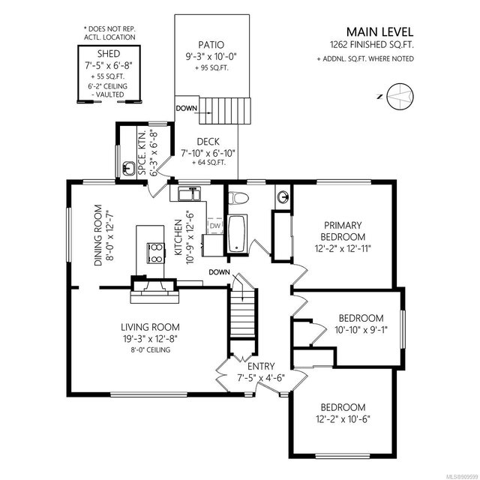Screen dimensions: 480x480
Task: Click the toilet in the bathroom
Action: point(238,198)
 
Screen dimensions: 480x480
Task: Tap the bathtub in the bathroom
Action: point(237,234)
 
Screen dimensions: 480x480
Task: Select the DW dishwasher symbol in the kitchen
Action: point(215,226)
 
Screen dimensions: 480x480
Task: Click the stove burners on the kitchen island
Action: point(156,253)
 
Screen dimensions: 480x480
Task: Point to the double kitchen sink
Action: point(190,194)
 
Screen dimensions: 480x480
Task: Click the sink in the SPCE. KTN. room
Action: point(129,169)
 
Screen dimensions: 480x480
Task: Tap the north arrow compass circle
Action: point(400,96)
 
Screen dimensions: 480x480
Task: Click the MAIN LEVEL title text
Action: point(379,31)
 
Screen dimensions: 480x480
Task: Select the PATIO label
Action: point(211,45)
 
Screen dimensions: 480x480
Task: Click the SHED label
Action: point(109,54)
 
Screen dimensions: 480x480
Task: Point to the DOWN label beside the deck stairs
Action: point(187,108)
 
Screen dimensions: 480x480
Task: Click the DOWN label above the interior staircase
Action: point(219,271)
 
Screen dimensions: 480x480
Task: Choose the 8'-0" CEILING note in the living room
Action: point(150,349)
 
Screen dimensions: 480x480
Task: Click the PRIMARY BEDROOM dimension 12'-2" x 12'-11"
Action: point(343,248)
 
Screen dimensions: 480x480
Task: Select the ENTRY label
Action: point(261,366)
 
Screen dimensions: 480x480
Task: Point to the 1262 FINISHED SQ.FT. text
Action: point(372,45)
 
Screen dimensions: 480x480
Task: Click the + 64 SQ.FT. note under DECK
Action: point(208,163)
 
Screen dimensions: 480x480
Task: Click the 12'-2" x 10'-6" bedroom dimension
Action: point(343,418)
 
